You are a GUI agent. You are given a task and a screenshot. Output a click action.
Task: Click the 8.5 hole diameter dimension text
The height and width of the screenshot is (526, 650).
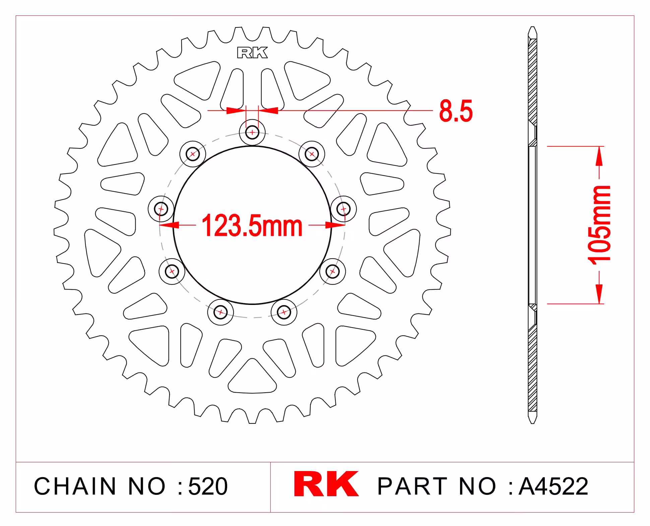click(x=456, y=111)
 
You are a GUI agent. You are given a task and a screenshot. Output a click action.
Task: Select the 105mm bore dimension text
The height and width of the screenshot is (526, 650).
click(x=600, y=225)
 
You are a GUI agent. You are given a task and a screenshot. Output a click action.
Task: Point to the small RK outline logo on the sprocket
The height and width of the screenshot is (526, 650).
click(x=252, y=53)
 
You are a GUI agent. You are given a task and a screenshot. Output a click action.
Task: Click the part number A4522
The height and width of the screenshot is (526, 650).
click(x=553, y=486)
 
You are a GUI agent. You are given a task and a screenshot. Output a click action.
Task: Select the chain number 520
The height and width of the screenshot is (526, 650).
click(x=208, y=486)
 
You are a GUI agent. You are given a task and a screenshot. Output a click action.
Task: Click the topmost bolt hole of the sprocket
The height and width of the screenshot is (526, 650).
click(x=252, y=132)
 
